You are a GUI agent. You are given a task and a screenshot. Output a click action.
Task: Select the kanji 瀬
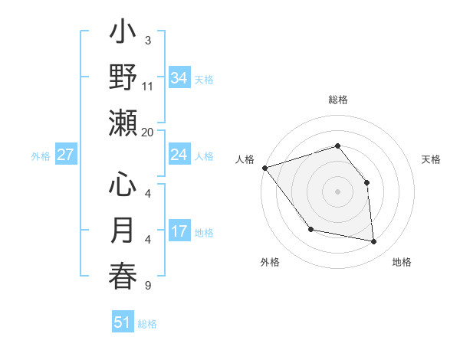pos(123,123)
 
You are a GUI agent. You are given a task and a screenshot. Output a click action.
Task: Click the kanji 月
pos(123,231)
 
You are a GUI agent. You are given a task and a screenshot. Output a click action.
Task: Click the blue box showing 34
pos(179,77)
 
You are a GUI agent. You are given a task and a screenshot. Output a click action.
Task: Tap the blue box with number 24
pos(179,155)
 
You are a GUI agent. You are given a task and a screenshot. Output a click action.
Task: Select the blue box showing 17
pos(179,231)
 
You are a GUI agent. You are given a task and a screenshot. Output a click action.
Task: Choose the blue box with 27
pos(65,155)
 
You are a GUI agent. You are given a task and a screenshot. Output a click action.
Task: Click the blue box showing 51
pos(122,322)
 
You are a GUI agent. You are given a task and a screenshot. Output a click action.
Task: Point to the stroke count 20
pos(148,132)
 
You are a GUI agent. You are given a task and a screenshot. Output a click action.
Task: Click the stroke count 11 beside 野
pos(148,86)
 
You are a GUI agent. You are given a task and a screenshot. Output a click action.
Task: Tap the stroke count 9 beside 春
pos(148,286)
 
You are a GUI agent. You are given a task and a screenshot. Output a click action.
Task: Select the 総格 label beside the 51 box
pos(147,324)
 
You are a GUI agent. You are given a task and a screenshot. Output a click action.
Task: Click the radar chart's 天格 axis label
pos(431,159)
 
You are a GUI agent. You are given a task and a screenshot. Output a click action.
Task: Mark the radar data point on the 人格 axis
pos(264,168)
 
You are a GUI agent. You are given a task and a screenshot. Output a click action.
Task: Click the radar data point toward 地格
pos(374,242)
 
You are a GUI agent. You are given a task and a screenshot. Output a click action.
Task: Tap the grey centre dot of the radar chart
pos(337,191)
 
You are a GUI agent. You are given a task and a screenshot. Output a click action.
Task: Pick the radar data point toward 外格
pos(310,229)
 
